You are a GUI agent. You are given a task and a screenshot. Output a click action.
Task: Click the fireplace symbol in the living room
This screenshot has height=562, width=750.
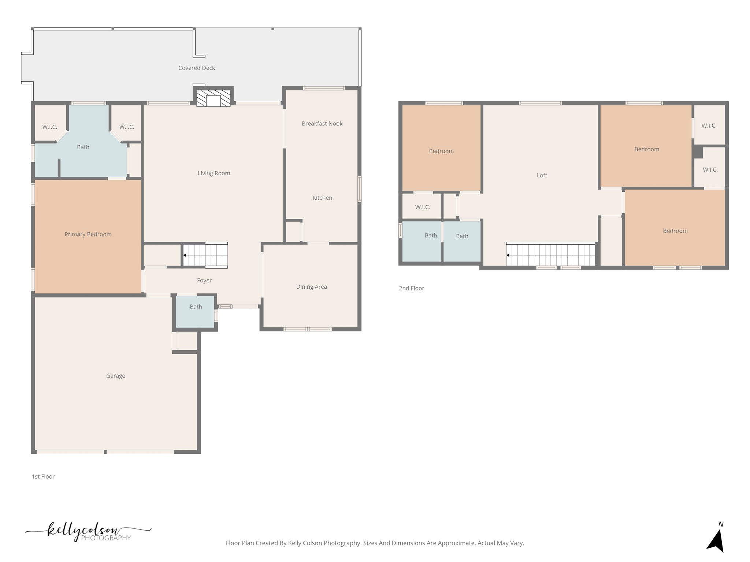tap(214, 98)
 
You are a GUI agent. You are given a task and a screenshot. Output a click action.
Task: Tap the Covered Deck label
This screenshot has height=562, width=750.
tap(197, 68)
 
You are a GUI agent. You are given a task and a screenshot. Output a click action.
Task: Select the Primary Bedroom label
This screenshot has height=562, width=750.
tap(88, 235)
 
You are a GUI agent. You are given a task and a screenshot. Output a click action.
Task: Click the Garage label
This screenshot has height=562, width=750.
tap(116, 376)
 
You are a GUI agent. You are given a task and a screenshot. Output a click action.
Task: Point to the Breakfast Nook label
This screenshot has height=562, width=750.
tap(322, 124)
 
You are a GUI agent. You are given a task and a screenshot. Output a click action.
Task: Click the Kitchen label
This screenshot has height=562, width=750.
tap(322, 198)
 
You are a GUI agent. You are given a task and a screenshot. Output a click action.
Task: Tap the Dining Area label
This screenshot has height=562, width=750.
tap(311, 287)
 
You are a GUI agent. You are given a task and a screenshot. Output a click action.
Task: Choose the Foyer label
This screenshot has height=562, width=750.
tap(204, 281)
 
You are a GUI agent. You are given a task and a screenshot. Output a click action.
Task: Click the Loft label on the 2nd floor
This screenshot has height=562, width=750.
tap(542, 175)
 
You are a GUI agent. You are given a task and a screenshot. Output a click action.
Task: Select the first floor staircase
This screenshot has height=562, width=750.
tap(205, 255)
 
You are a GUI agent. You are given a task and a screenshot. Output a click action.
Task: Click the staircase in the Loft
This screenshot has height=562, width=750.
tap(551, 255)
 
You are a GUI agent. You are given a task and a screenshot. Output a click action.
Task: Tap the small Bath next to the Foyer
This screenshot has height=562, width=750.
tap(196, 307)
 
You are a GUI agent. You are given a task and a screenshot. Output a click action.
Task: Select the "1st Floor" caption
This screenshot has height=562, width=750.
tap(43, 476)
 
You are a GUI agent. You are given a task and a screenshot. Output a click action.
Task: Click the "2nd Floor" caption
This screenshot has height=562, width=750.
tap(412, 288)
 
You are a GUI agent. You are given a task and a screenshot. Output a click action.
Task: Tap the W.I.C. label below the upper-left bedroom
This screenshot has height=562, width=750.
tap(423, 207)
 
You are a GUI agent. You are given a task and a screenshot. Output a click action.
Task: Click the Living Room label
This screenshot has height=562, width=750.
tap(214, 173)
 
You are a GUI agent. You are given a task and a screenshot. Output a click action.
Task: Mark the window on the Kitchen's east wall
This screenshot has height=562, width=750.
tap(360, 189)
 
